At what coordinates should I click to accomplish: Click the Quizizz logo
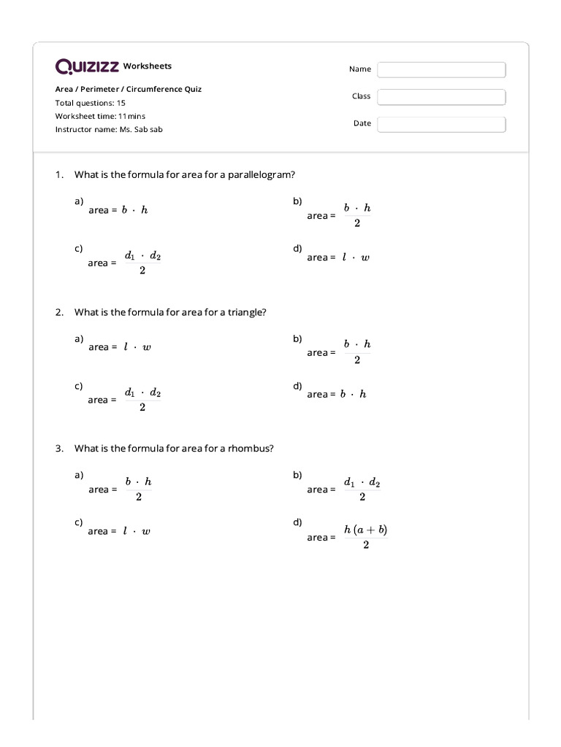point(87,67)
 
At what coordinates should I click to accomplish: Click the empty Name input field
point(441,69)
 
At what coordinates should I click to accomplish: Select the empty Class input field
point(441,97)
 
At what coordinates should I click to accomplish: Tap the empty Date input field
point(441,124)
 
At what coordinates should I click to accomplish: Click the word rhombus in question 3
point(250,448)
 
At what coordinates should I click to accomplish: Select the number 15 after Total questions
point(121,103)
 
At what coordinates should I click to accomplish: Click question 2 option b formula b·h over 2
point(357,352)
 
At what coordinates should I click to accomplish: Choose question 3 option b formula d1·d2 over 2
point(362,489)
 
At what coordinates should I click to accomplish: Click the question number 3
point(58,448)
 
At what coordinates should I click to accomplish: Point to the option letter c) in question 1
point(78,248)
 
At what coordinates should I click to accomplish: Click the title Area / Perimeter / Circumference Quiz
point(129,89)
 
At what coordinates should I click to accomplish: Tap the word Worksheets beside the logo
point(148,66)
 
